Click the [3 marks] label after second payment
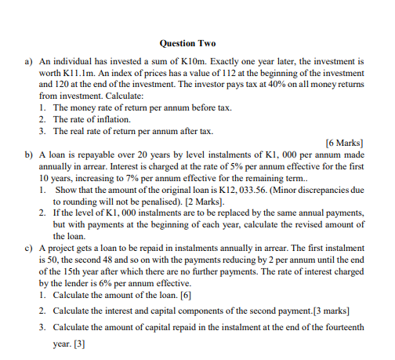click(325, 311)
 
